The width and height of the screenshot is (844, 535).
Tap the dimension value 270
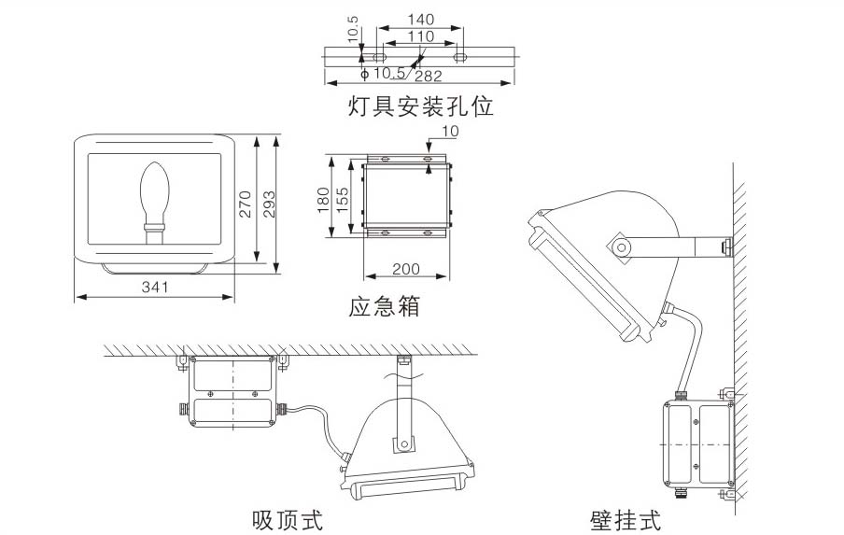(246, 204)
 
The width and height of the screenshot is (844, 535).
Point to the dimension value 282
(429, 75)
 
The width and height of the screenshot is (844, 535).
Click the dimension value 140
(420, 19)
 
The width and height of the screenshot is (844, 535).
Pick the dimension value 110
(420, 35)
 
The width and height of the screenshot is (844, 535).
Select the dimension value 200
(405, 269)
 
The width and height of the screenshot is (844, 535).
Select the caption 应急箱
(385, 306)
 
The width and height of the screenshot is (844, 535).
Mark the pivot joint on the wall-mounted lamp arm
(619, 247)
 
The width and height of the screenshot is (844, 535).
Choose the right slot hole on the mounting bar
(460, 56)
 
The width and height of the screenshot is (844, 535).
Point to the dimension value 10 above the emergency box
(449, 132)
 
